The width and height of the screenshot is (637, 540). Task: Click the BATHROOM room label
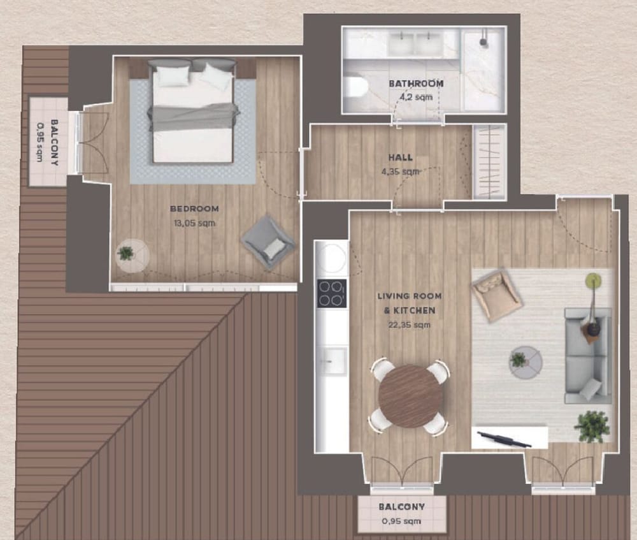point(416,84)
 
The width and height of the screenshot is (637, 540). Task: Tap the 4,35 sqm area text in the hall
point(400,171)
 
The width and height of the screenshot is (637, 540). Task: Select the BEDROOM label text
point(194,209)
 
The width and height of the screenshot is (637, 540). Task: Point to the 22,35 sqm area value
point(409,325)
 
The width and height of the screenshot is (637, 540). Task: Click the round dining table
point(410,396)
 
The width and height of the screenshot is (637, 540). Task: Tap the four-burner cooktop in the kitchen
point(332,293)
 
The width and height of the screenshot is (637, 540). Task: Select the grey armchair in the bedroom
point(268,242)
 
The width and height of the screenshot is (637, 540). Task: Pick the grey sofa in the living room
point(588,356)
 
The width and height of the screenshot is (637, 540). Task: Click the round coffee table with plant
point(526,362)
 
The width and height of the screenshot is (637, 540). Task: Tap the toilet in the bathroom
point(356,86)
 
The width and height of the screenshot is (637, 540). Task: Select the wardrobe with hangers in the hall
point(490,162)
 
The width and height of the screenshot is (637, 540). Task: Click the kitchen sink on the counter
point(333,361)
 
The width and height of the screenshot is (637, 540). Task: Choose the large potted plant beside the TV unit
point(592,427)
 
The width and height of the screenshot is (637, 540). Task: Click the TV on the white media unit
point(504,439)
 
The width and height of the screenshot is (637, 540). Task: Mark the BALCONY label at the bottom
point(402,507)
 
